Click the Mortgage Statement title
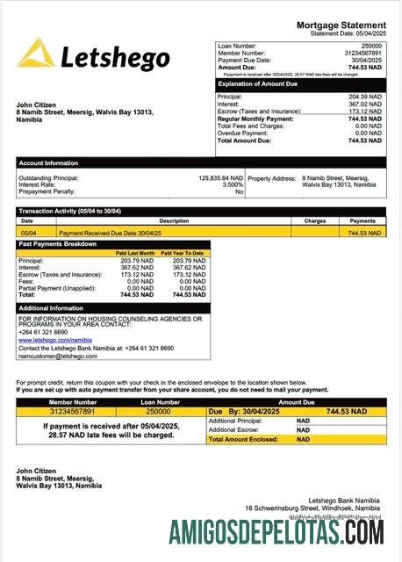point(341,25)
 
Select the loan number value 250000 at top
point(371,45)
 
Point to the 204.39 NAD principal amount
point(365,97)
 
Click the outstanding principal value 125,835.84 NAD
point(220,177)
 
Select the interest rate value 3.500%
point(233,184)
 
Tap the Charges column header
point(315,220)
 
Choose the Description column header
point(174,220)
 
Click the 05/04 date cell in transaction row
point(27,233)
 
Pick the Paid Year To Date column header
point(185,253)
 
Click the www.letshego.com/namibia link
point(55,340)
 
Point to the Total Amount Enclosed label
point(243,439)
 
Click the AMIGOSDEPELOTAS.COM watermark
point(276,532)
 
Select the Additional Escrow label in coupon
point(233,429)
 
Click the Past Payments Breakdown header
point(58,243)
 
